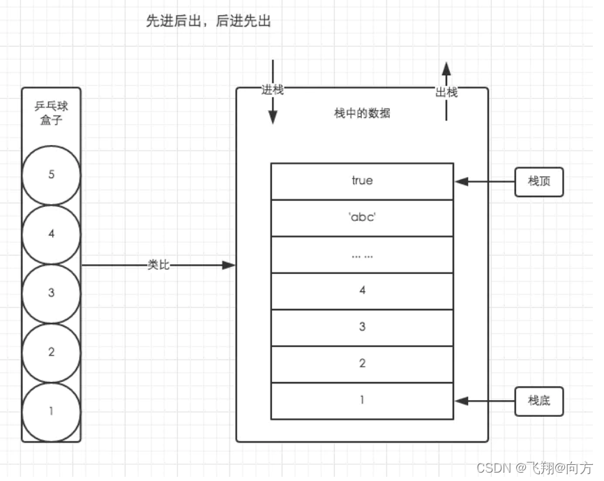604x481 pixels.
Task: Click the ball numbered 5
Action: click(51, 175)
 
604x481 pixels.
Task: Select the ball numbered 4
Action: click(51, 234)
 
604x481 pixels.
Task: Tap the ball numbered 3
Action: click(51, 293)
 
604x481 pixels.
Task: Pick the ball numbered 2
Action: click(51, 352)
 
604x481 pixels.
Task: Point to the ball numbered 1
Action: click(51, 411)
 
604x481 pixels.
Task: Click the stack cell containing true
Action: click(362, 181)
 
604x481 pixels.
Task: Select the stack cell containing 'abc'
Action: click(362, 217)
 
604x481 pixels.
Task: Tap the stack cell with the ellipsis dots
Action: click(362, 254)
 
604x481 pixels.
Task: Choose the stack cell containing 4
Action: click(362, 291)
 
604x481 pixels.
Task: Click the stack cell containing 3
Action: click(362, 327)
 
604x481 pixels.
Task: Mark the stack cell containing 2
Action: click(362, 364)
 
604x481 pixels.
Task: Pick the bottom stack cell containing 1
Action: click(362, 401)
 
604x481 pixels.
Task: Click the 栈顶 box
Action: click(538, 182)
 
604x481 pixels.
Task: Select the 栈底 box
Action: click(538, 401)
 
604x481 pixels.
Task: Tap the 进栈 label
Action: click(273, 91)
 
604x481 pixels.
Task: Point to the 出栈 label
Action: click(446, 92)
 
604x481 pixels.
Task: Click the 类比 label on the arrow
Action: click(158, 265)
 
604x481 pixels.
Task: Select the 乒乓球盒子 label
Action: click(51, 113)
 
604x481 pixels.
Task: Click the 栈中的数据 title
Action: click(362, 114)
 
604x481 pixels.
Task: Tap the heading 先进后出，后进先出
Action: click(208, 22)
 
